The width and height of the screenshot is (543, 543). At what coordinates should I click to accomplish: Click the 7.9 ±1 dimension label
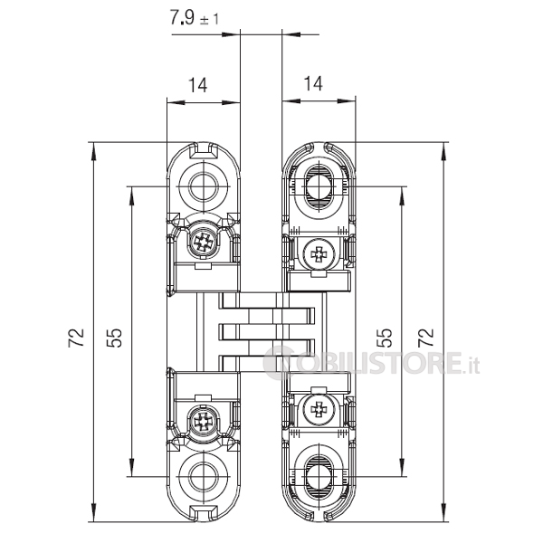click(x=195, y=18)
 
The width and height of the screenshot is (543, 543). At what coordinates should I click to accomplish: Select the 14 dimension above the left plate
click(x=197, y=85)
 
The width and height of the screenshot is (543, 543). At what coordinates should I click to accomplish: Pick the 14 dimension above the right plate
click(x=313, y=83)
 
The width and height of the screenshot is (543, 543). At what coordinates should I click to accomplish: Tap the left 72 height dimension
click(x=76, y=337)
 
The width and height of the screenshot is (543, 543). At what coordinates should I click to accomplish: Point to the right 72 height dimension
click(x=426, y=337)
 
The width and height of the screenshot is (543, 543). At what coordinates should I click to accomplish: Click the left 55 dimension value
click(x=114, y=338)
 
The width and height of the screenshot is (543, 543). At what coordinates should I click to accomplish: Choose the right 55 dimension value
click(x=385, y=338)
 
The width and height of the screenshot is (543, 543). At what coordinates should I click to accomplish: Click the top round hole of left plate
click(x=205, y=186)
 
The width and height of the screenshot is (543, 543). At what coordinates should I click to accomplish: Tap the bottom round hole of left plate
click(x=205, y=476)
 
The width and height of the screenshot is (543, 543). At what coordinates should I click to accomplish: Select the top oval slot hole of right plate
click(x=319, y=186)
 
